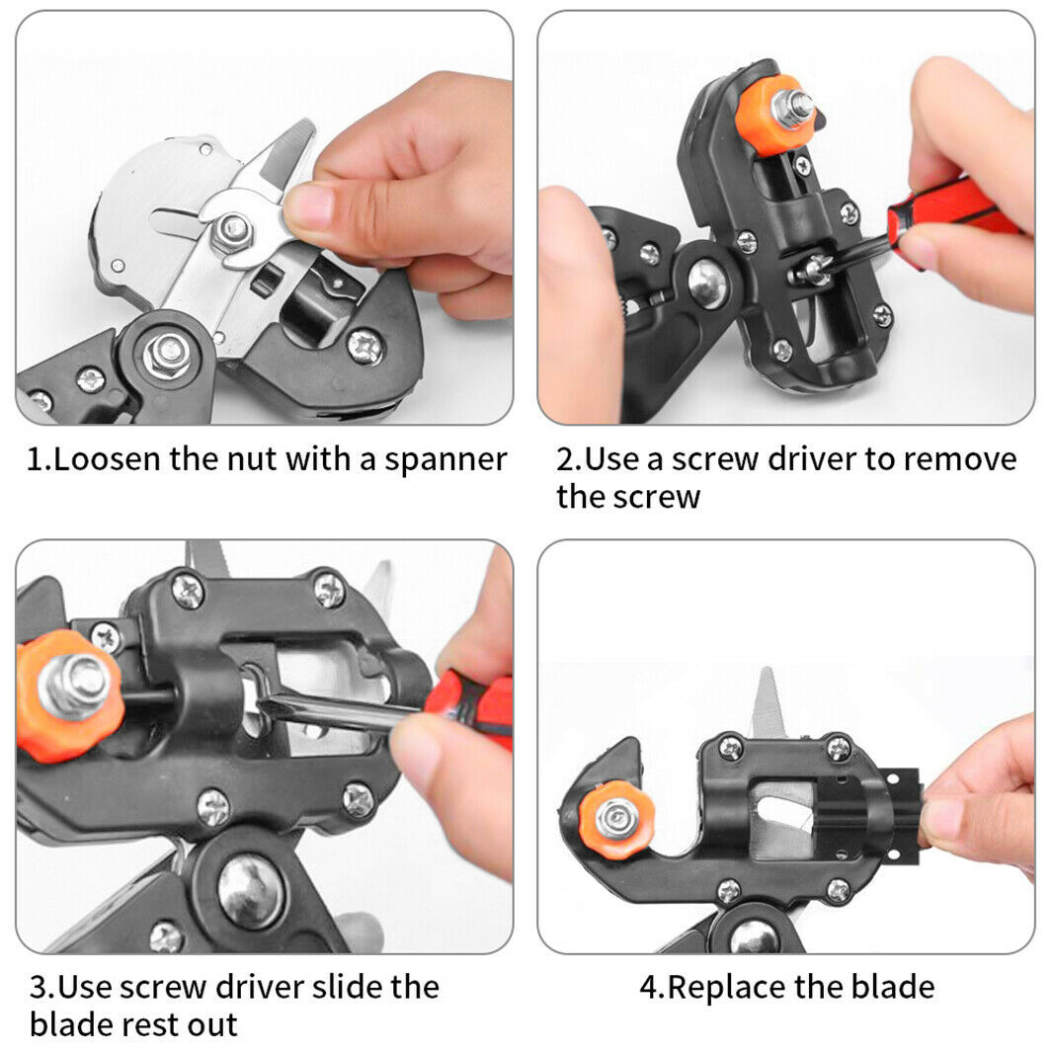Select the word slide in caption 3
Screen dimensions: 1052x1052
(x=327, y=987)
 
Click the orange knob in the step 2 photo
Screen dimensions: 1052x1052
(x=776, y=114)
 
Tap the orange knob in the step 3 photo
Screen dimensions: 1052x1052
(x=67, y=694)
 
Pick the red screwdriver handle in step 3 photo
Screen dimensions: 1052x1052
(x=470, y=705)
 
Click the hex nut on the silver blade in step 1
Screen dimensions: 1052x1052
(x=233, y=230)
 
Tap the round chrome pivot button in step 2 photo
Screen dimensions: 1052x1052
(x=708, y=284)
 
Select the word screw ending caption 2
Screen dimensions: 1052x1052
(x=656, y=497)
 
